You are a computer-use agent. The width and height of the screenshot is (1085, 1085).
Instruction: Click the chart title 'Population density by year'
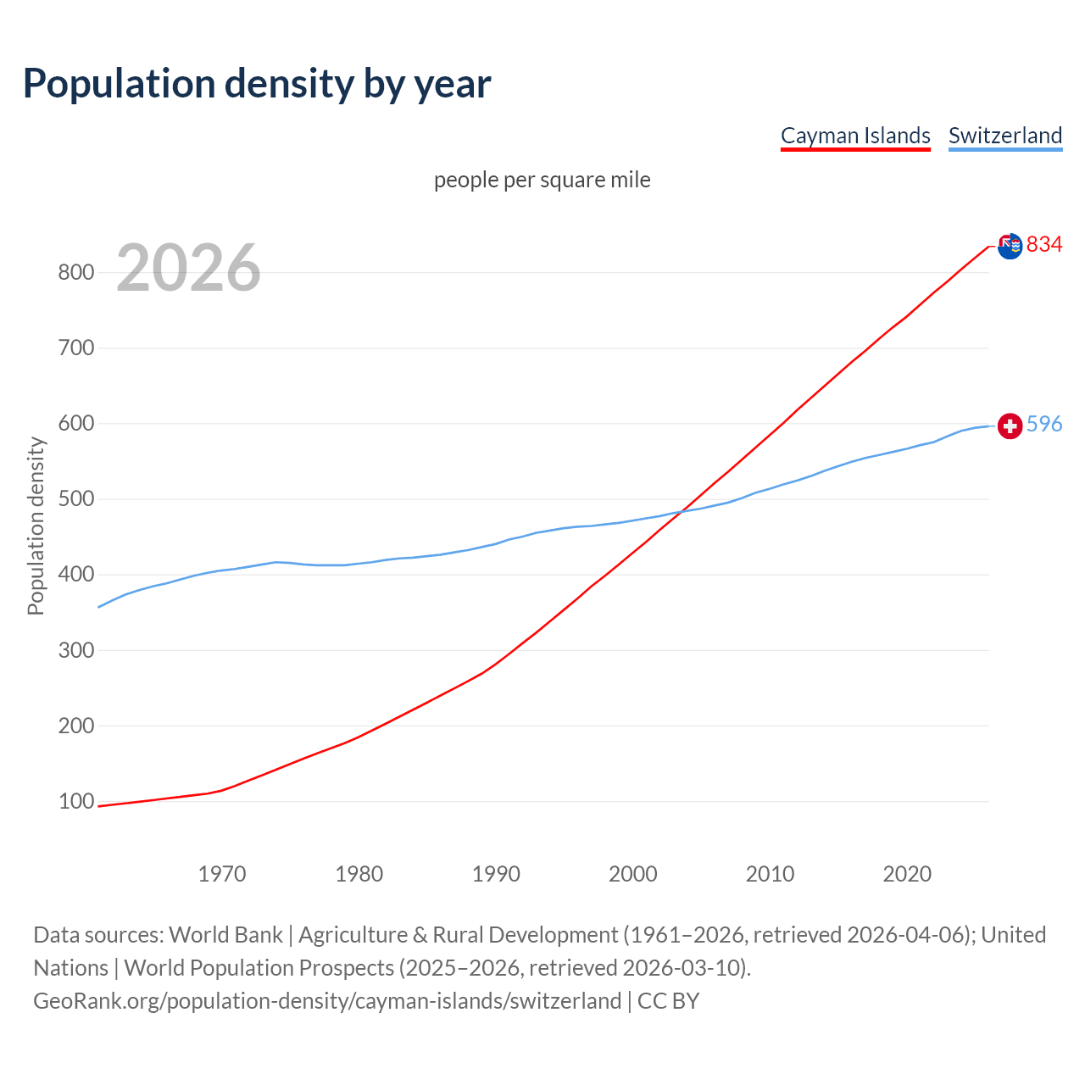pos(257,84)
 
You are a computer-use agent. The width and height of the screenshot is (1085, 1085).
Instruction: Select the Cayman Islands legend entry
pos(855,136)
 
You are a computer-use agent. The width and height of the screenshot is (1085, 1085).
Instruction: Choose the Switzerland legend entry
pos(1004,136)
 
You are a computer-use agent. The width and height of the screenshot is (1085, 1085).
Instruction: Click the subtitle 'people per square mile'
pos(542,180)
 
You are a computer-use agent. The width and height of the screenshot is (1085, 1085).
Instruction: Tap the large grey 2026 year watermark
pos(188,268)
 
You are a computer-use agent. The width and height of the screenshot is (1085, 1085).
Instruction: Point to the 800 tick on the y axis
pos(75,272)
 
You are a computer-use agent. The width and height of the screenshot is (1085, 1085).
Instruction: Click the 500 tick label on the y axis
pos(75,498)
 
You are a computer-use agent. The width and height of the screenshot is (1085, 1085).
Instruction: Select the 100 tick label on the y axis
pos(75,801)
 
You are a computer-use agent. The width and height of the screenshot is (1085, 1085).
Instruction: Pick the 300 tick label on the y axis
pos(75,650)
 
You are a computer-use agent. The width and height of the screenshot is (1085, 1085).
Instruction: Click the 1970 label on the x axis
pos(222,874)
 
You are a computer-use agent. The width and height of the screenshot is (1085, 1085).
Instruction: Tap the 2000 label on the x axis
pos(633,874)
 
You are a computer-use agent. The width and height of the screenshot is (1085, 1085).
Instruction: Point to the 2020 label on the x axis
pos(907,874)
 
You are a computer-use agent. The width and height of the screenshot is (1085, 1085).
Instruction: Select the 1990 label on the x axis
pos(496,874)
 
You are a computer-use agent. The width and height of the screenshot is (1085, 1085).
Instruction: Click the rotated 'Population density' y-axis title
pos(36,526)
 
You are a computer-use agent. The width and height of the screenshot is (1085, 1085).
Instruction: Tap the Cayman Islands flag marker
pos(1010,246)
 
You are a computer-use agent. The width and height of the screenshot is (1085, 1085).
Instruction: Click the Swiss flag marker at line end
pos(1010,426)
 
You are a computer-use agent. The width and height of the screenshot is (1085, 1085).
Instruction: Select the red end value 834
pos(1044,245)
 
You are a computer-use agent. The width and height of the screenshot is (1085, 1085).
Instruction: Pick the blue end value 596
pos(1044,424)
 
